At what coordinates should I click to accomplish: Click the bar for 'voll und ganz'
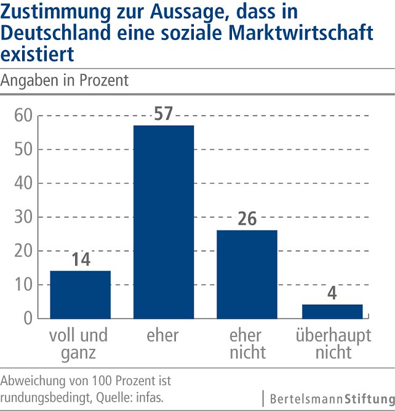[80, 294]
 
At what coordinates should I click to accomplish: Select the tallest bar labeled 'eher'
[163, 221]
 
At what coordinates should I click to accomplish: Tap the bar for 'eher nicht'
[247, 274]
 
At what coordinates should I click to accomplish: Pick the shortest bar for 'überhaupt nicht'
[332, 311]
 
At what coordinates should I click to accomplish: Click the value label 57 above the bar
[163, 114]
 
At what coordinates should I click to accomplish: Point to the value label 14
[80, 259]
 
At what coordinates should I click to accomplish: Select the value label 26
[247, 218]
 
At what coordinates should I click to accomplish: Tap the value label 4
[332, 293]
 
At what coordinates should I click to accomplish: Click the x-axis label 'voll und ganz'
[79, 343]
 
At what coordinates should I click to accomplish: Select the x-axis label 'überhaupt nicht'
[333, 343]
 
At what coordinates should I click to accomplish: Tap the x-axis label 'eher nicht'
[247, 343]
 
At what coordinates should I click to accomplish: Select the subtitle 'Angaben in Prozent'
[65, 81]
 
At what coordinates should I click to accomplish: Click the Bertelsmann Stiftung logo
[329, 398]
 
